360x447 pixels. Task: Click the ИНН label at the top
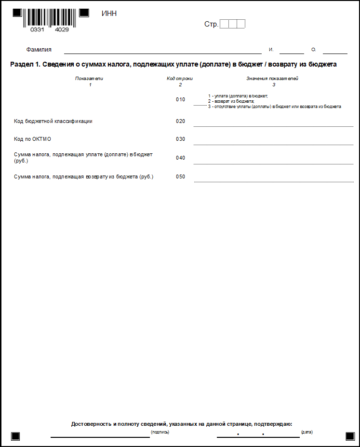click(109, 14)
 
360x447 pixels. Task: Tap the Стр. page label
click(211, 24)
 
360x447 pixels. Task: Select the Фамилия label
click(39, 50)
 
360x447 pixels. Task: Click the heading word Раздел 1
click(24, 65)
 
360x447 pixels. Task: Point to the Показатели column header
click(89, 78)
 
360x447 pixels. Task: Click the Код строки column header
click(180, 78)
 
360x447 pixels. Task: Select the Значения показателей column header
click(273, 78)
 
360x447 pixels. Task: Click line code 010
click(180, 100)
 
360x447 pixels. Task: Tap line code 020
click(180, 122)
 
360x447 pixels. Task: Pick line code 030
click(180, 139)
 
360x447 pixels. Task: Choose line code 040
click(180, 158)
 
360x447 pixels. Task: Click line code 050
click(180, 177)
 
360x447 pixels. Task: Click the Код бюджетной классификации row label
click(53, 122)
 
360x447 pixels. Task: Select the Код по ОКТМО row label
click(32, 139)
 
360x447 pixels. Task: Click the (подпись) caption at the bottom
click(160, 432)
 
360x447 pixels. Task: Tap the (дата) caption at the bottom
click(307, 432)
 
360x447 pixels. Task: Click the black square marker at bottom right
click(350, 436)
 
